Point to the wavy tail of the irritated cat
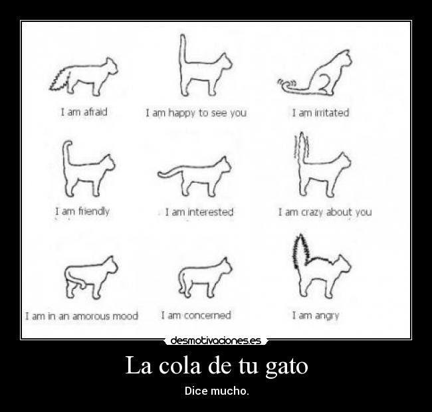(x=286, y=84)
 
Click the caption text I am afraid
(x=83, y=112)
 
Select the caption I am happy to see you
(x=196, y=113)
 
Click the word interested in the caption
(x=211, y=213)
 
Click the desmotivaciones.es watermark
(x=215, y=341)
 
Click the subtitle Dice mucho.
(x=217, y=390)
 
